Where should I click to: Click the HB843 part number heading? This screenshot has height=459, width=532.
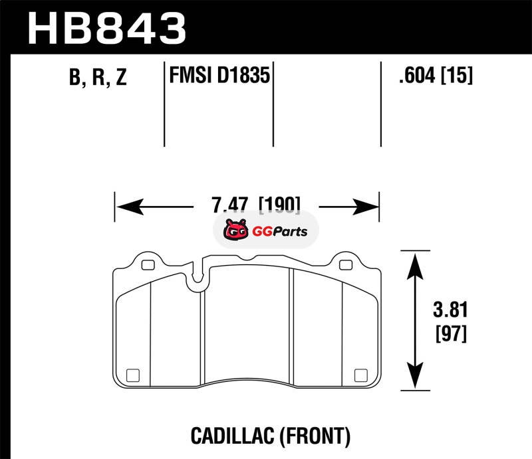point(107,28)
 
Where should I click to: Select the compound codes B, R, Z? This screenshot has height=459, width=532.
point(98,77)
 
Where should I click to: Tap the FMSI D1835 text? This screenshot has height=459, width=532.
point(219,75)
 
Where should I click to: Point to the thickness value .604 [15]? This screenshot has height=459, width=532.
point(436,75)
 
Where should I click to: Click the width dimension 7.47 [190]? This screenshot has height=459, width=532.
point(256,205)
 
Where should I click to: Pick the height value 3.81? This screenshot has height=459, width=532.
point(450,310)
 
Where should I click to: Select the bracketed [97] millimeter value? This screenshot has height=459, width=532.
point(452,333)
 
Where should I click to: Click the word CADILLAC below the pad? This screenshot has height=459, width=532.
point(232,436)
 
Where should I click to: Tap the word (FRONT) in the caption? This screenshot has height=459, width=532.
point(315,436)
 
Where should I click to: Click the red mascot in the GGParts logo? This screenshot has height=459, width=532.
point(235,230)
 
